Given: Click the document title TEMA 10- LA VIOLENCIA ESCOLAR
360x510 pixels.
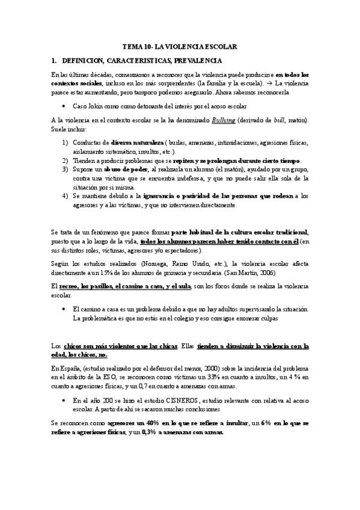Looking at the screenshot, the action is coord(180,46).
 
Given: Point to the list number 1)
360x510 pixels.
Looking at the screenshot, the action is coord(65,143).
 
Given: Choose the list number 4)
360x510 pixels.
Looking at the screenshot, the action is coord(65,196).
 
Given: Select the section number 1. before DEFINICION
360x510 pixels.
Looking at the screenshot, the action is coord(54,61).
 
